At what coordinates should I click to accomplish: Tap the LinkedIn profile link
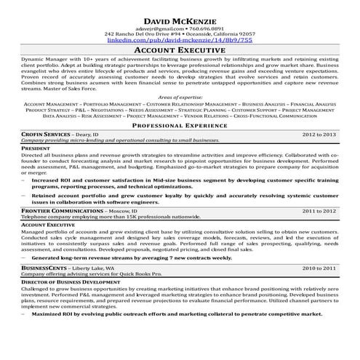(180, 41)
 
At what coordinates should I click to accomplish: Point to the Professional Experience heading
(180, 126)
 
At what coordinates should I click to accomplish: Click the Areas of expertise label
(180, 97)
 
